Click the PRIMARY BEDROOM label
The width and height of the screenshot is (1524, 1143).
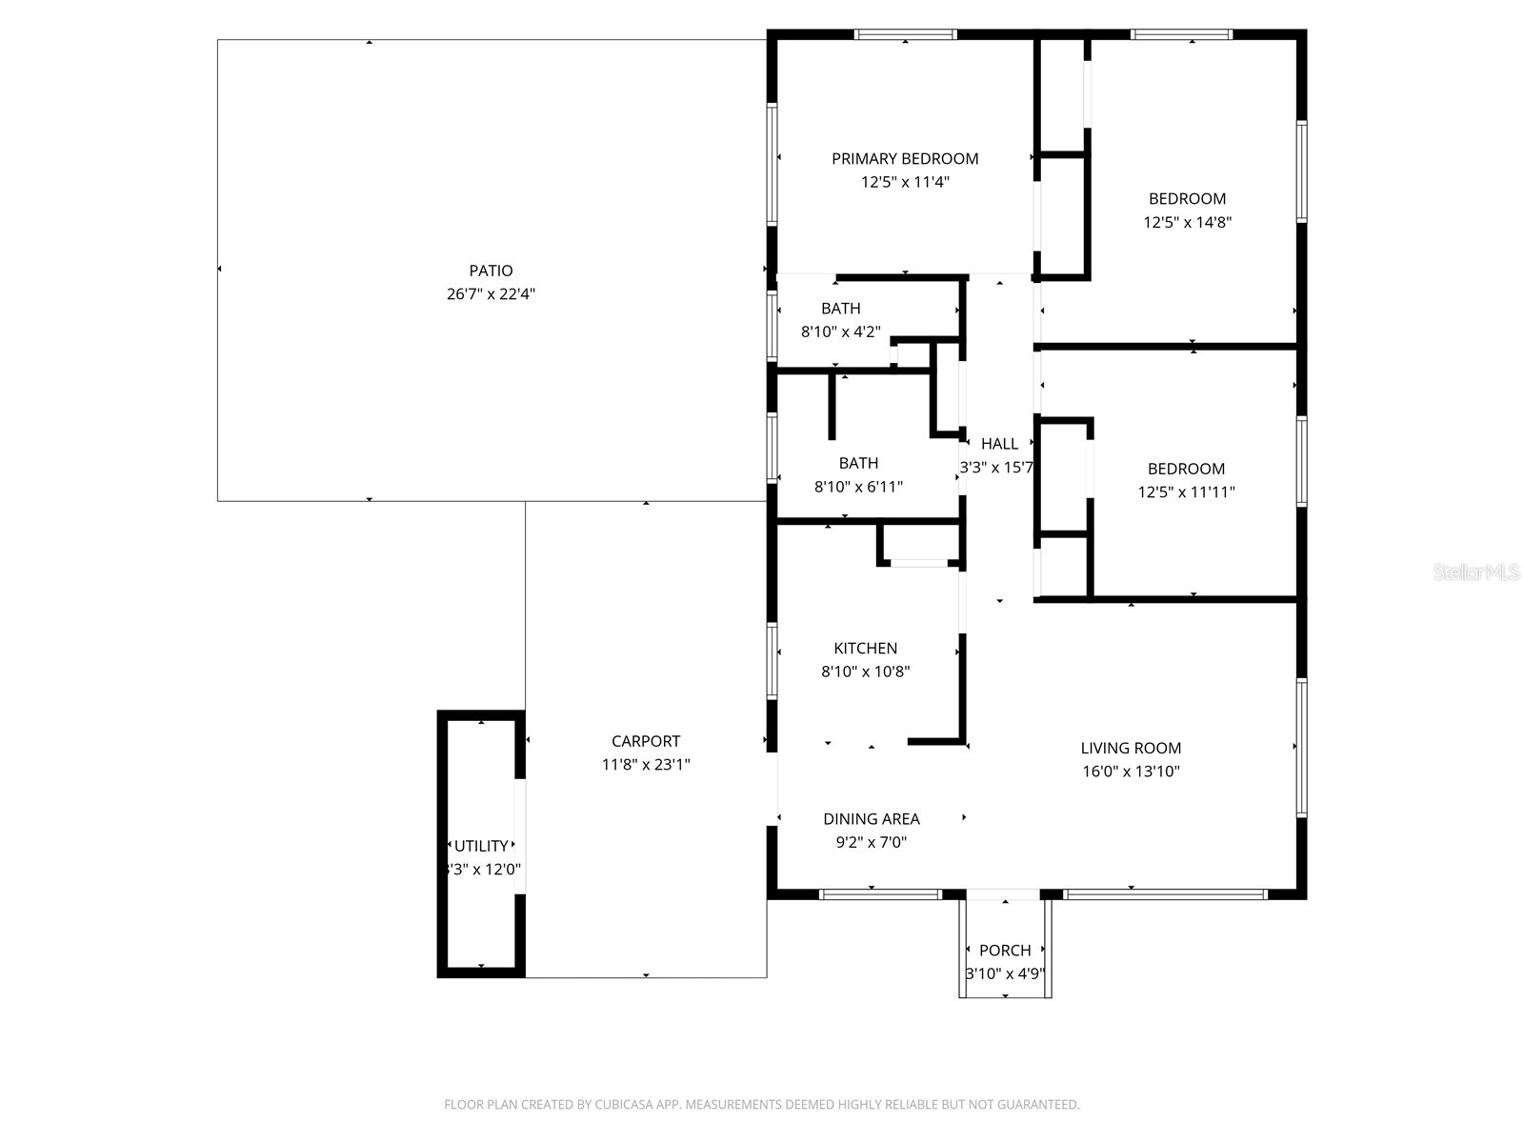tap(905, 159)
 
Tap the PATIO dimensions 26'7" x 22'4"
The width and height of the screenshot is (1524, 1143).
tap(491, 294)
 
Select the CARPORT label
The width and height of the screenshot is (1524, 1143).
tap(646, 741)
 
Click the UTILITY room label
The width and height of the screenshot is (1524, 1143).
tap(481, 846)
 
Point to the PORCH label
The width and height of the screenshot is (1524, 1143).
tap(1005, 951)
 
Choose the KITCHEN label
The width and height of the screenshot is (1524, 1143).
tap(865, 649)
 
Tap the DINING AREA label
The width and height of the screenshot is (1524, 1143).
tap(871, 819)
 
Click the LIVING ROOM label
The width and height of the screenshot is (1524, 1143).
tap(1131, 749)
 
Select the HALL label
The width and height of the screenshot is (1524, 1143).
tap(999, 444)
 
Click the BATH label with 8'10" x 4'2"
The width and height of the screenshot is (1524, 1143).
tap(840, 309)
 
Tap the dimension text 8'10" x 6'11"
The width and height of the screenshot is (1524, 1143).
tap(858, 487)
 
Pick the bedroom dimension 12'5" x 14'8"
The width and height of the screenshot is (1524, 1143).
tap(1187, 223)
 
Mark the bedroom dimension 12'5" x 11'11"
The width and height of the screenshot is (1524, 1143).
tap(1186, 492)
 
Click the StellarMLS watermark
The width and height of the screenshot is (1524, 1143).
tap(1476, 572)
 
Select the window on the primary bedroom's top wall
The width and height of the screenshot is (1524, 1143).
tap(905, 35)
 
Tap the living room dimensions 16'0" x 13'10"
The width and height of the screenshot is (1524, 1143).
tap(1131, 772)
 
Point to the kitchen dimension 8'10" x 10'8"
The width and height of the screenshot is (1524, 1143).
tap(865, 672)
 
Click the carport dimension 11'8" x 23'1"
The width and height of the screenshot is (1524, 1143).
tap(646, 765)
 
